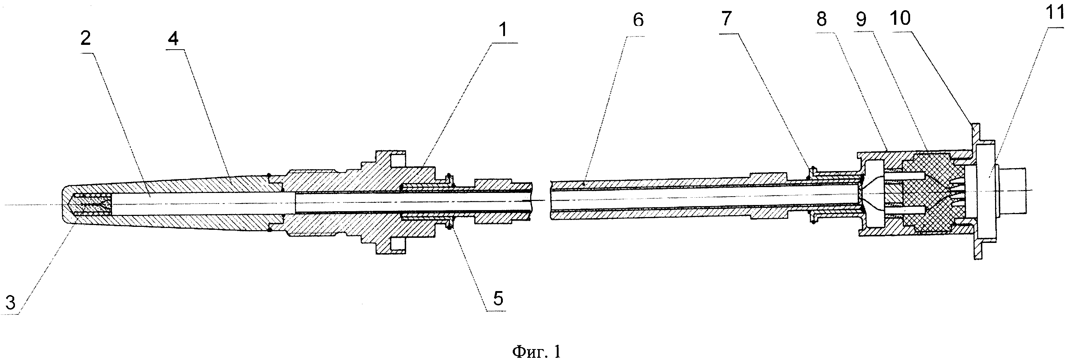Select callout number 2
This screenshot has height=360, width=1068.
[85, 39]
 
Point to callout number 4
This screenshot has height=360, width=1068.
[173, 39]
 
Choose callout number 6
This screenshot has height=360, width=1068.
[638, 19]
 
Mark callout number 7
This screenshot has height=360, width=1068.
[726, 18]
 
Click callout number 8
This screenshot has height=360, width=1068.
[821, 19]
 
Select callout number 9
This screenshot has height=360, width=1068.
[862, 19]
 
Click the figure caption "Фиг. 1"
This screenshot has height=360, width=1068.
[536, 352]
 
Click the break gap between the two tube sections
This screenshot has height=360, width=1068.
[541, 200]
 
